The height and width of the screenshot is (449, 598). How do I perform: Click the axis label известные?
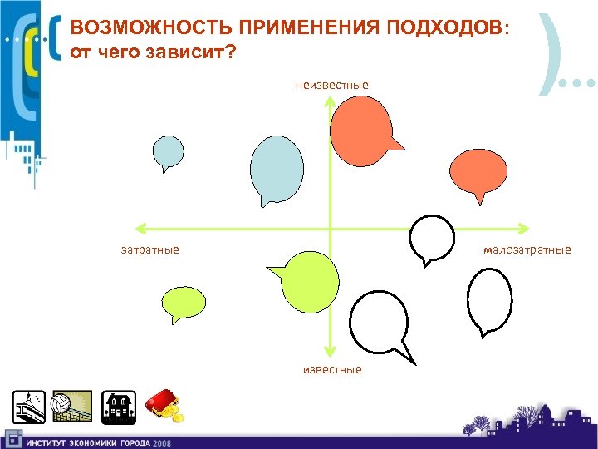[x=332, y=369]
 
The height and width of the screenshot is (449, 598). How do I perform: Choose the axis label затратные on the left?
[x=150, y=249]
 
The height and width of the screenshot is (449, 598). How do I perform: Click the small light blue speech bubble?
[x=168, y=152]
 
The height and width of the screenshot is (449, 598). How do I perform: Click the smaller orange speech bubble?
[x=478, y=172]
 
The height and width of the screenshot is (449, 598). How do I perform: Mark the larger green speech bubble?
[x=309, y=281]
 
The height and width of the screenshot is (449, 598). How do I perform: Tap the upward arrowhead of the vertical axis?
[x=330, y=101]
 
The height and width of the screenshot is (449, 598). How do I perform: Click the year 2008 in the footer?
[x=162, y=442]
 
